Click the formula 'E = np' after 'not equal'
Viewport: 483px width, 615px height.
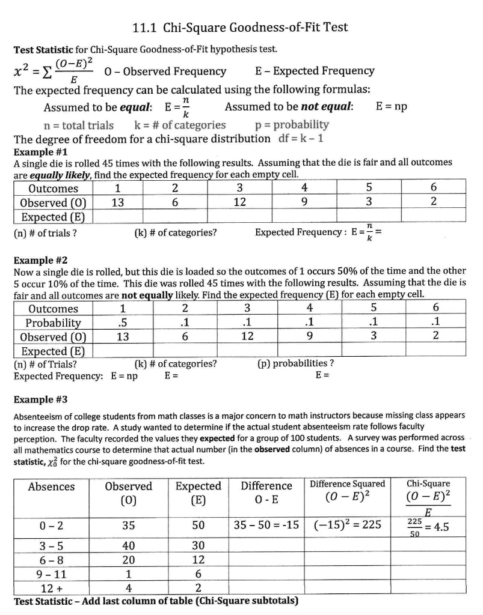tap(391, 107)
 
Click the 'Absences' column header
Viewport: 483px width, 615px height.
tap(51, 486)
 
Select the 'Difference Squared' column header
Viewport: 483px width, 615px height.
tap(348, 483)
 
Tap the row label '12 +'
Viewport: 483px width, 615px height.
tap(51, 587)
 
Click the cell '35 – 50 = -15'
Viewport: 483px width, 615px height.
tap(266, 525)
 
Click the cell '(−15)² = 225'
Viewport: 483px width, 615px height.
tap(348, 525)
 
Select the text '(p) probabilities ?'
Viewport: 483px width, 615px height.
tap(295, 363)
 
